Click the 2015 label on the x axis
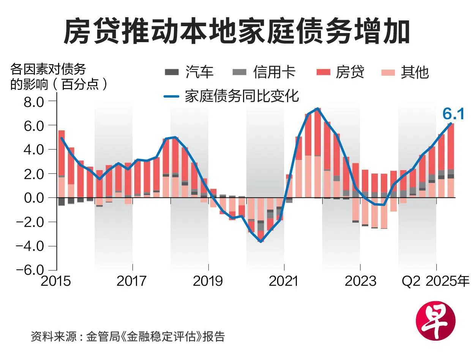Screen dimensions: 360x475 point(56,281)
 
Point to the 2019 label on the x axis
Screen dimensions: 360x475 point(208,281)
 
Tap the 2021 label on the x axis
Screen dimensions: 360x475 point(284,281)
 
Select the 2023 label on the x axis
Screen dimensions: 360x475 point(360,281)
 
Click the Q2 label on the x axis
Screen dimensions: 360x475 point(411,281)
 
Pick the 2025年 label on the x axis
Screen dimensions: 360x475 point(447,281)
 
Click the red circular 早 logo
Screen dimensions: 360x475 point(436,323)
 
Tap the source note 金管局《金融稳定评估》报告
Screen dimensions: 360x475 point(156,336)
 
